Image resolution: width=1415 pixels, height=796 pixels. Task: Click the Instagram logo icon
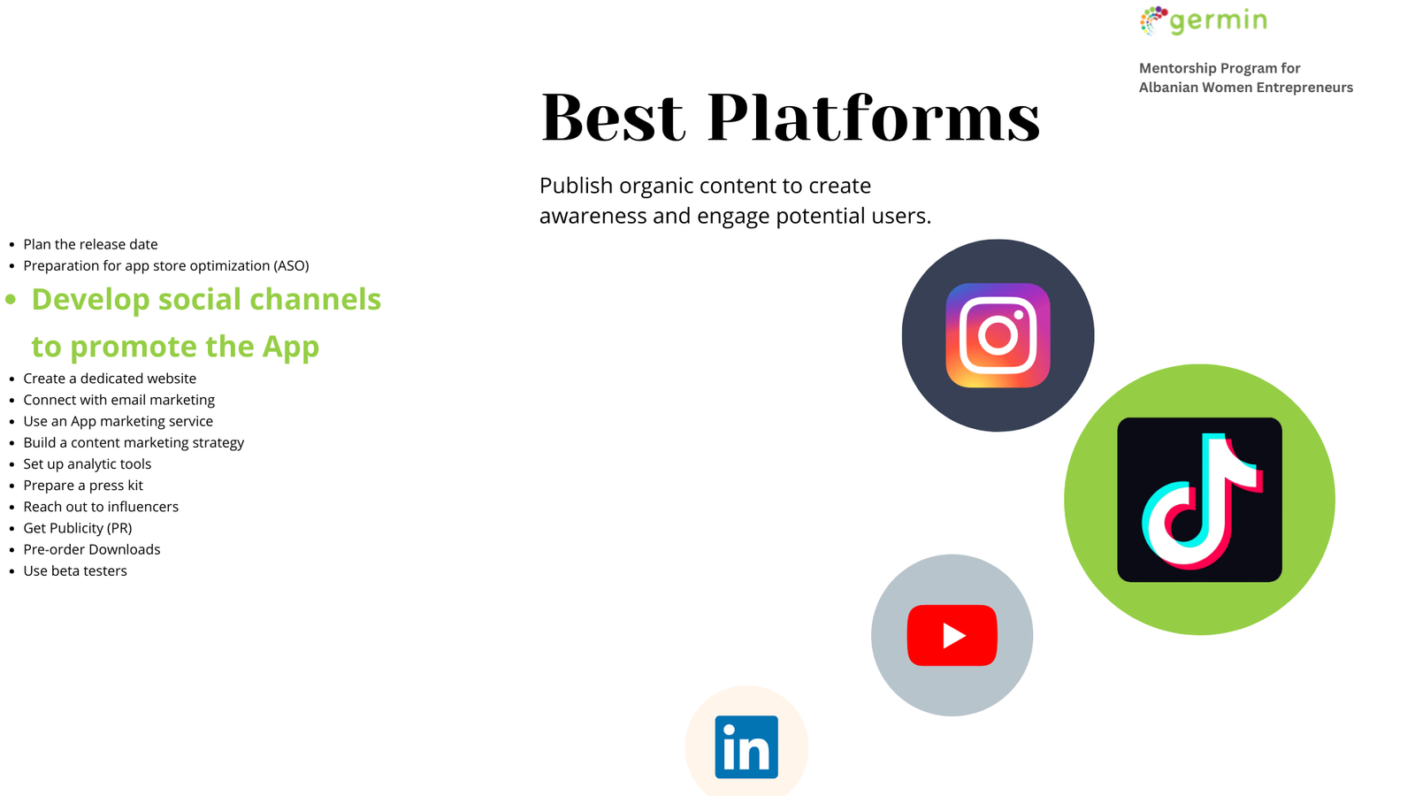point(998,335)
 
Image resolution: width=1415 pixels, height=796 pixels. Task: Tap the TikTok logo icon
point(1199,499)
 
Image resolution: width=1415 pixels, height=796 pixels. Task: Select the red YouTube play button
point(952,635)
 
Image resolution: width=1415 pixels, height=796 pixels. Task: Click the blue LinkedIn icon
point(746,746)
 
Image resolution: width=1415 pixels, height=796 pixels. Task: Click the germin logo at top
point(1204,21)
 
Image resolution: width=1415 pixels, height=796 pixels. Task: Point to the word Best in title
point(613,118)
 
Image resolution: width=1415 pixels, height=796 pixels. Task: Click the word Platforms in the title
point(874,117)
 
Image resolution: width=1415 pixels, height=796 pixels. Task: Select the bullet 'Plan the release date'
point(90,244)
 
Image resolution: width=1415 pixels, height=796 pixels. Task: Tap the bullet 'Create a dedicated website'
point(110,379)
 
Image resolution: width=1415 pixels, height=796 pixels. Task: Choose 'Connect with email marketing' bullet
point(119,400)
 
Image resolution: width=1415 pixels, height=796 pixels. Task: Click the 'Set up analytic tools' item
point(88,464)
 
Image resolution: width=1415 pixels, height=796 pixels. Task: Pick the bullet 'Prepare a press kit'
point(83,486)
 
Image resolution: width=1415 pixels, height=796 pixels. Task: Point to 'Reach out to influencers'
point(101,507)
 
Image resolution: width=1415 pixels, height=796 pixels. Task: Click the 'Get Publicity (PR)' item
point(78,528)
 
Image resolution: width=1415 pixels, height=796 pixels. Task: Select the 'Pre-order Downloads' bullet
point(92,549)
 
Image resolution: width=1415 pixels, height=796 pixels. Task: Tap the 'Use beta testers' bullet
point(75,571)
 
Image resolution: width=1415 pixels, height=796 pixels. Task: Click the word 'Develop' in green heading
point(91,300)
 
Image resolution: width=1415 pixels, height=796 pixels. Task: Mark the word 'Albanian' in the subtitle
point(1167,88)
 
